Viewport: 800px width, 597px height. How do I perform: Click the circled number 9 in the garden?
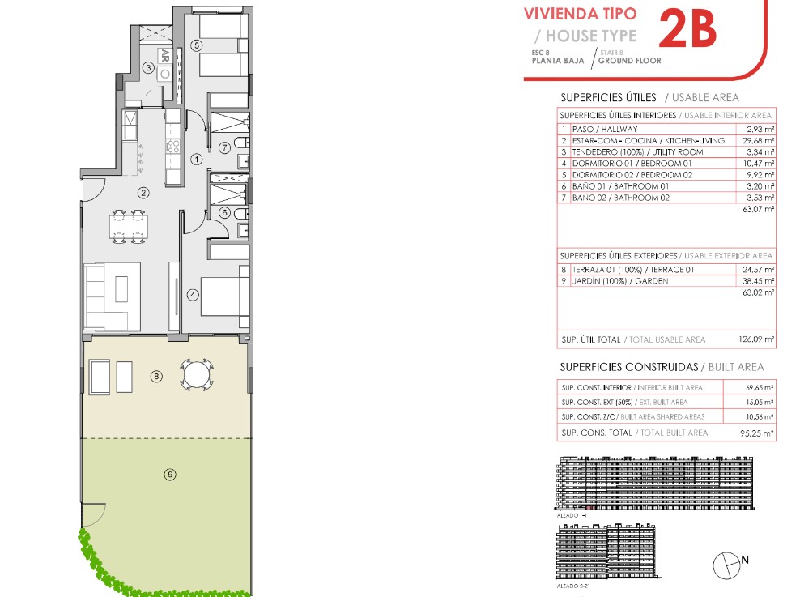[x=170, y=475]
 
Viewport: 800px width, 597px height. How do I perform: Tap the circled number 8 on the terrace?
[x=156, y=377]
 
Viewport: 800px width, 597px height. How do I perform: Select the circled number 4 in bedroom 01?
[x=193, y=294]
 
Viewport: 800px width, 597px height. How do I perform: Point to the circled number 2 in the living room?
[x=143, y=192]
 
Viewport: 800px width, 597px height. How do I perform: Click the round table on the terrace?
[x=197, y=375]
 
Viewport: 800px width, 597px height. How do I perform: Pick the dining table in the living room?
[x=129, y=227]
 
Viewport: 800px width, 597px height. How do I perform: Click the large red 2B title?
[x=687, y=30]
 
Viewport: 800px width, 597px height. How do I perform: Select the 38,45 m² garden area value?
[x=758, y=280]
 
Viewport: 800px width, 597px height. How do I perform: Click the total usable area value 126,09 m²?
[x=756, y=339]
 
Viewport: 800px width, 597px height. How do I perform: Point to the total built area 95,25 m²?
[x=757, y=433]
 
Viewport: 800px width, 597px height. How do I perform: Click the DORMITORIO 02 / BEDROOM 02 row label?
[x=632, y=174]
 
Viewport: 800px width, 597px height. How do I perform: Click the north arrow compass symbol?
[x=727, y=565]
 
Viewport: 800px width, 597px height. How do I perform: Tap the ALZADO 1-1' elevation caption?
[x=572, y=515]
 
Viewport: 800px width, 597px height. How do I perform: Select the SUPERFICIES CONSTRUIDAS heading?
[x=629, y=367]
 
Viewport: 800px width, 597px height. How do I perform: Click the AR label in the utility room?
[x=164, y=56]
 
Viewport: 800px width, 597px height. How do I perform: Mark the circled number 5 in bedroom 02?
[x=197, y=45]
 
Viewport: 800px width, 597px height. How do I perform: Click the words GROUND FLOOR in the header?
[x=630, y=60]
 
